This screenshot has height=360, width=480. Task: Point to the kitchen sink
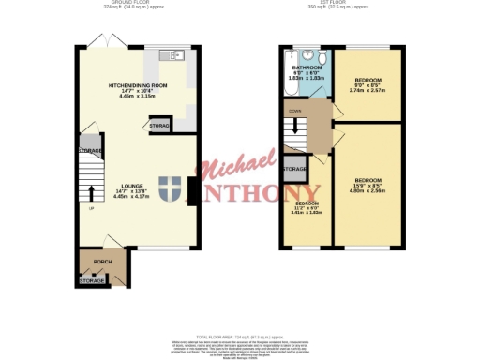tap(172, 54)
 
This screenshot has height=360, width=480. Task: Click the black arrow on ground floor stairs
tap(91, 194)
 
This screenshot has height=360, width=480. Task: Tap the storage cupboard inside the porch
tap(92, 279)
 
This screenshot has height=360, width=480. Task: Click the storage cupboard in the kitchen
tap(160, 125)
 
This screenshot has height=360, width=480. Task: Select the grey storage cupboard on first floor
tap(294, 169)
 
